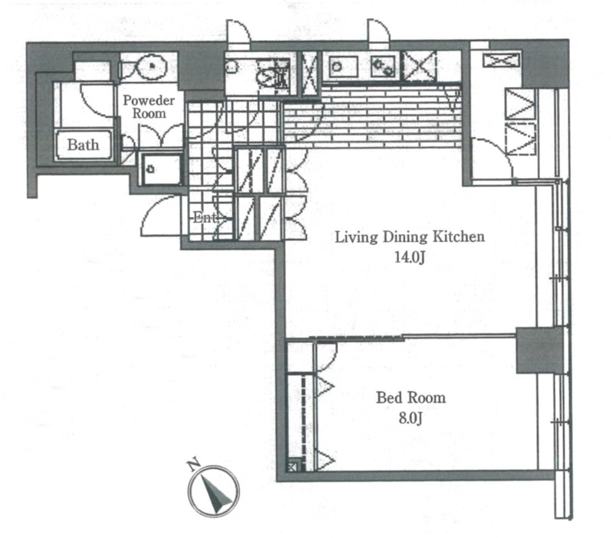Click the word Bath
pos(83,145)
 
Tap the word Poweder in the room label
pos(149,101)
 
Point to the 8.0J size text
pos(410,418)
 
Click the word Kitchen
pos(459,237)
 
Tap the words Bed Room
pos(411,398)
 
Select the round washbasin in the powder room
pos(152,66)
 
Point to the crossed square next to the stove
pos(420,66)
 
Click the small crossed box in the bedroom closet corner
pos(293,467)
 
